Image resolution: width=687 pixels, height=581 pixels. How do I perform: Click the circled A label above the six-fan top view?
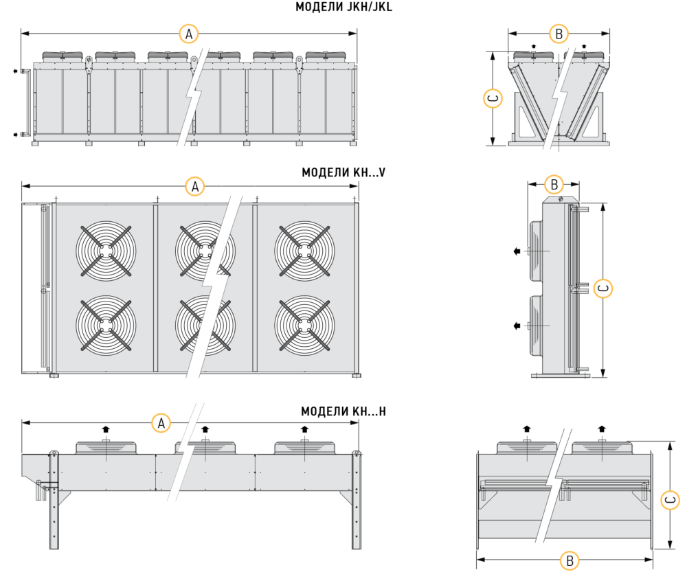click(196, 186)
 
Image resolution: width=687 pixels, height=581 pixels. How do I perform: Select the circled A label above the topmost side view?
click(188, 32)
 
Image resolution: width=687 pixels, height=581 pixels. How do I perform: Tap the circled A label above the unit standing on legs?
click(161, 423)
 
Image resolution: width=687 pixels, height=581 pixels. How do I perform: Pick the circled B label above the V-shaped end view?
click(559, 32)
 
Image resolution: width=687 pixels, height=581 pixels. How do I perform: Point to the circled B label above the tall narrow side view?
click(554, 185)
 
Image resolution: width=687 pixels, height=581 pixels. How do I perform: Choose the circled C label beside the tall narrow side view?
click(602, 289)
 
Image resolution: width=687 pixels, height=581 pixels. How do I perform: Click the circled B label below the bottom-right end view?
click(570, 561)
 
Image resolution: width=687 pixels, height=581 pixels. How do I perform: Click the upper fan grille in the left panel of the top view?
click(106, 250)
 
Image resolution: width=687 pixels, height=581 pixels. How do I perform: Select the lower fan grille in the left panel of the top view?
click(106, 325)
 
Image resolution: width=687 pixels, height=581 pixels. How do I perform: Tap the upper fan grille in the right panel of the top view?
click(304, 250)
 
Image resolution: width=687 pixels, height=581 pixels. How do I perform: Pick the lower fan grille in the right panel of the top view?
click(304, 325)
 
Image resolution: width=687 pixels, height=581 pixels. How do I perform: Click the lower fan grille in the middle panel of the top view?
click(204, 325)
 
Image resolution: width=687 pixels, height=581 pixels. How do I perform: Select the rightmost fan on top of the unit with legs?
click(304, 447)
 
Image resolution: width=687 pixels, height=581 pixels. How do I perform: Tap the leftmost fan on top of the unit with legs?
click(106, 447)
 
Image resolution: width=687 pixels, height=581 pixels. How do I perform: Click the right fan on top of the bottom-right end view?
click(602, 447)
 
